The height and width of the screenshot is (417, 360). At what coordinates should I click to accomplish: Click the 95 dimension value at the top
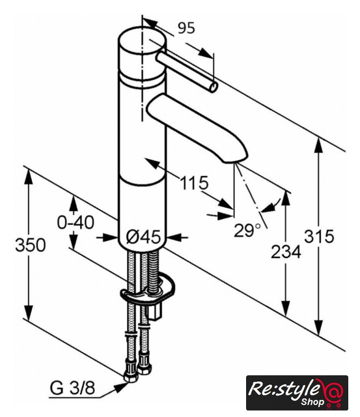tap(186, 27)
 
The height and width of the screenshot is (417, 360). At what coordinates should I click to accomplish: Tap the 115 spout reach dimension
tap(194, 182)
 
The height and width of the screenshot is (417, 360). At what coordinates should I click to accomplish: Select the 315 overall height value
tap(318, 236)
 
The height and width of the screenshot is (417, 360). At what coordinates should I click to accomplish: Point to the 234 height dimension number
tap(286, 252)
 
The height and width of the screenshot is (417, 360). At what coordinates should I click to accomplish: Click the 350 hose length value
tap(31, 245)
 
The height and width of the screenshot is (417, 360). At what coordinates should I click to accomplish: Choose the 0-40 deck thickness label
tap(76, 222)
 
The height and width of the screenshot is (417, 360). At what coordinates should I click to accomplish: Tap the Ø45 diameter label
tap(144, 237)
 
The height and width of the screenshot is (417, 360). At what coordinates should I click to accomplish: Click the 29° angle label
tap(247, 230)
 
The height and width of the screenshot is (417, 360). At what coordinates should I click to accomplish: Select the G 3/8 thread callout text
tap(72, 388)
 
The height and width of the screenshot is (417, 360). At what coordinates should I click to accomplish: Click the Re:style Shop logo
tap(297, 393)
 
